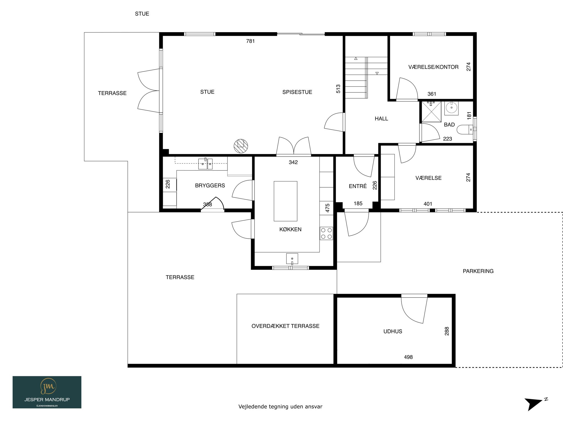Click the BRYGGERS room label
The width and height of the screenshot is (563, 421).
[210, 185]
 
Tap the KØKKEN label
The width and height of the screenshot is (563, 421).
[290, 229]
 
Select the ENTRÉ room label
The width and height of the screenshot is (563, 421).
[358, 186]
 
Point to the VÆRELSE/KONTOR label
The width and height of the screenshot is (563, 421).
[434, 67]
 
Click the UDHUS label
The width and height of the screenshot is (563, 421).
[393, 331]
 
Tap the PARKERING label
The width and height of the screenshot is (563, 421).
[478, 271]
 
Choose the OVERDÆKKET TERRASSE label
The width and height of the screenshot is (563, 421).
[285, 326]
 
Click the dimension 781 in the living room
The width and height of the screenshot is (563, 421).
[250, 41]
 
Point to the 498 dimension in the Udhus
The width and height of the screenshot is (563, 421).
[408, 357]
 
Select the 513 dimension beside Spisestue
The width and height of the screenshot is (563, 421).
[338, 89]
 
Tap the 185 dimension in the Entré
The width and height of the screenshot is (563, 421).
[358, 203]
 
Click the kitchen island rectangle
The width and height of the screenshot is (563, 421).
[285, 201]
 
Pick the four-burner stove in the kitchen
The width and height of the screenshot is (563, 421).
[326, 233]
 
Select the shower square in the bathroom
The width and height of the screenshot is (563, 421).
[431, 112]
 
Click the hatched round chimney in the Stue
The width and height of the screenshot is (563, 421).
[241, 146]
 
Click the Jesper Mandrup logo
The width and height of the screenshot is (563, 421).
[47, 392]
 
